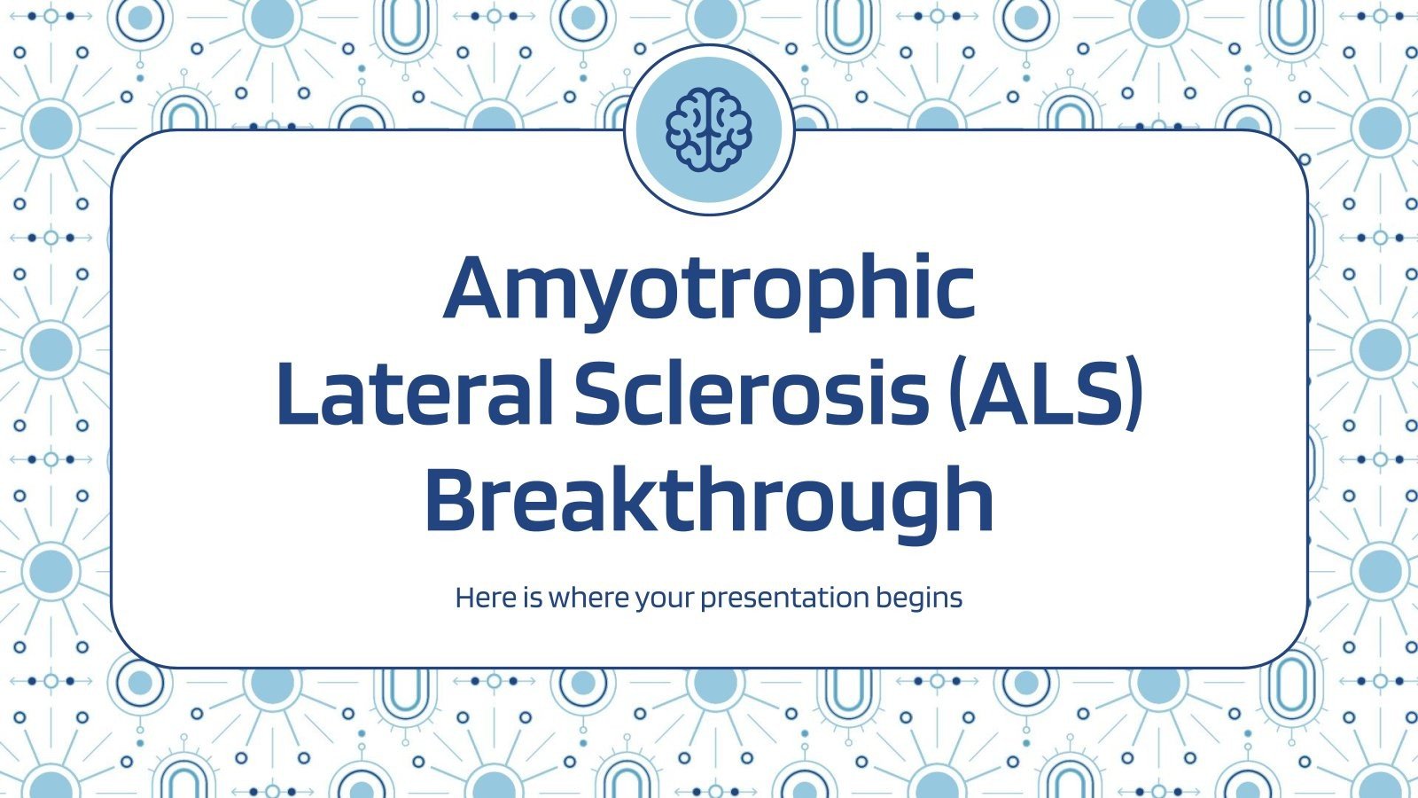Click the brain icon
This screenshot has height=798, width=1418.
pyautogui.click(x=709, y=129)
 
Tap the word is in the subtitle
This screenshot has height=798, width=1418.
pyautogui.click(x=533, y=598)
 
